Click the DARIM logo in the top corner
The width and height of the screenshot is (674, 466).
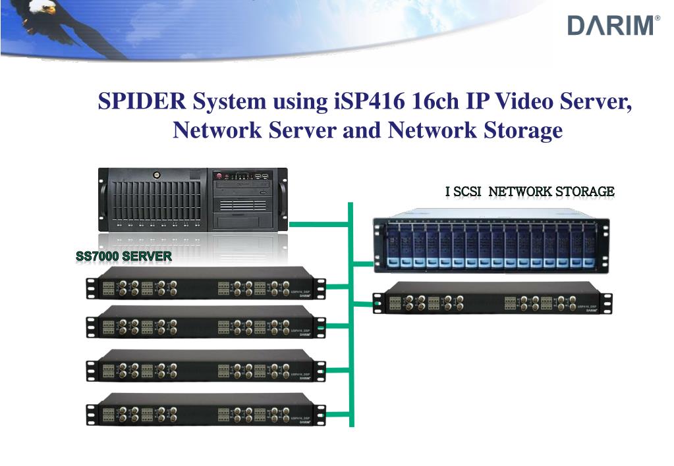pos(612,26)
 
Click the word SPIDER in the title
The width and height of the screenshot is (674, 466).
pos(142,103)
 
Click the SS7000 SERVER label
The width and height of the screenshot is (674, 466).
pos(124,256)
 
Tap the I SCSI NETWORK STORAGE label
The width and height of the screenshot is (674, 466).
pos(530,192)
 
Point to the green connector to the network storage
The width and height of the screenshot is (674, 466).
pos(362,264)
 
